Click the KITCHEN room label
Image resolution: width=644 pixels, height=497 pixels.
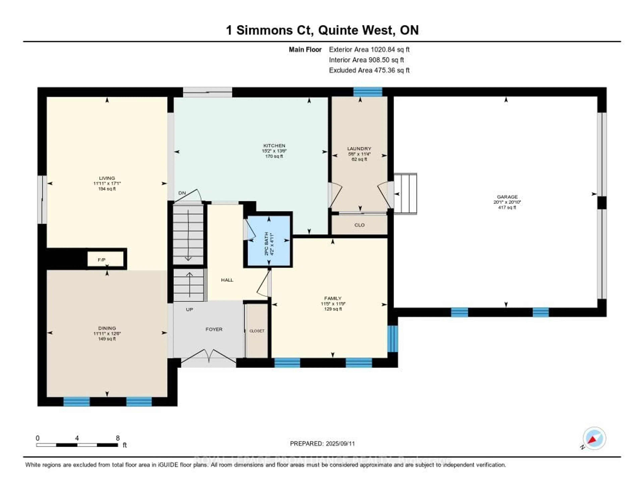(x=274, y=146)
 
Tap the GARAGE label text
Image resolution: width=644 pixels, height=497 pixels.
(x=507, y=197)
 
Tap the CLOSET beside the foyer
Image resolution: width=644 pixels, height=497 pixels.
(x=257, y=331)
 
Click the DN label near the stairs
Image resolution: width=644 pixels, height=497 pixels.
(x=182, y=193)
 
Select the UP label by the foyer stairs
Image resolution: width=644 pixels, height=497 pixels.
(x=189, y=309)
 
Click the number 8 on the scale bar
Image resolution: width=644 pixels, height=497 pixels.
(x=118, y=438)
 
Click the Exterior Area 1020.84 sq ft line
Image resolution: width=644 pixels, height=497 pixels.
(x=369, y=49)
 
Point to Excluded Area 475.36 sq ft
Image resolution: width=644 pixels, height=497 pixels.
(x=369, y=70)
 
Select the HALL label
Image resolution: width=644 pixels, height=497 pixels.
(x=227, y=280)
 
